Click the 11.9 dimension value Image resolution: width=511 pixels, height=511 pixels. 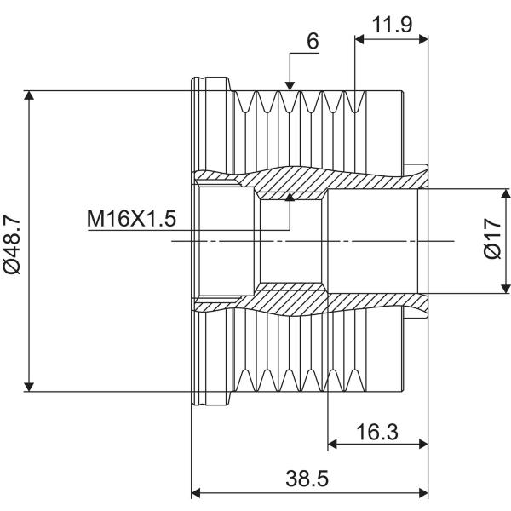point(392,24)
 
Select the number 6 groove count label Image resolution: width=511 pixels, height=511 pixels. point(313,41)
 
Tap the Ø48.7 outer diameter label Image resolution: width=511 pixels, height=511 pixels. point(12,247)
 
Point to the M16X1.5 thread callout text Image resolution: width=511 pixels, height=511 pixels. point(132,218)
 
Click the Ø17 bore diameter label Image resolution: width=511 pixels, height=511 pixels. point(491,238)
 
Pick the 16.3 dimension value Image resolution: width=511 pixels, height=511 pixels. point(377,432)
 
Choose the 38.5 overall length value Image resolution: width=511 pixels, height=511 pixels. point(307,479)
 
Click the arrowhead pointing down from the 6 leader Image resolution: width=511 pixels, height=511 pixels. point(290,86)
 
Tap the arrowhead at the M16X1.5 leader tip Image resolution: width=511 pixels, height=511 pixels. point(290,197)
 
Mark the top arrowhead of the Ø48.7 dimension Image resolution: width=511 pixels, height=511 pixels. point(29,95)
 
